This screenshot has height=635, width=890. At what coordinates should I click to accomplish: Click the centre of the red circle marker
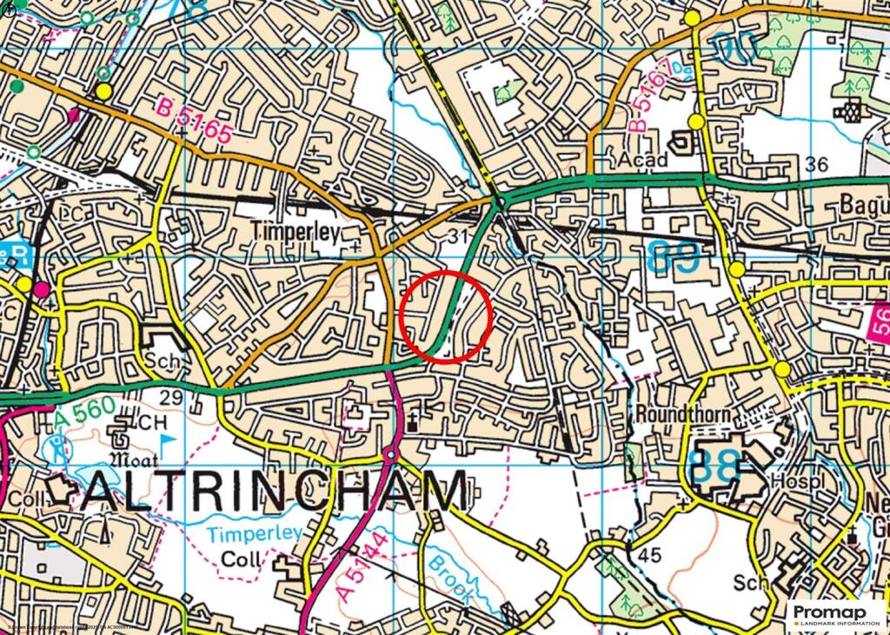point(447,315)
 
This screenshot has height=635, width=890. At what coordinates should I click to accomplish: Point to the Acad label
point(643,160)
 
